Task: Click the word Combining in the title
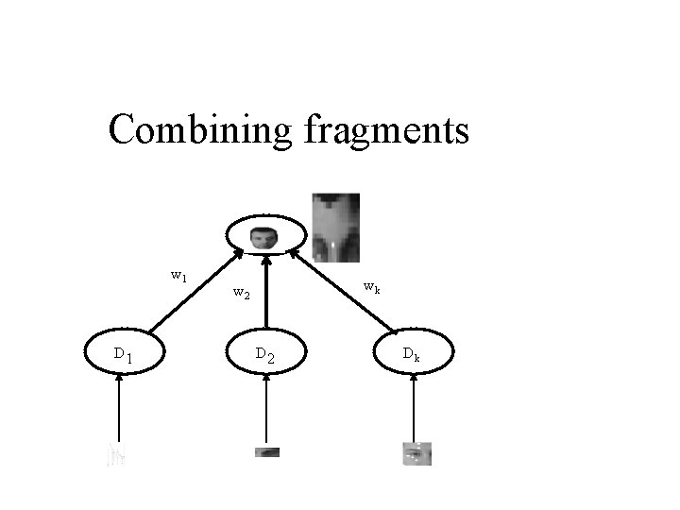pyautogui.click(x=200, y=130)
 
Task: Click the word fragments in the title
pyautogui.click(x=386, y=130)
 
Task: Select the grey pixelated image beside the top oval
pyautogui.click(x=336, y=227)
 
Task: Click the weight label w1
pyautogui.click(x=178, y=276)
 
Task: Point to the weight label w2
pyautogui.click(x=241, y=293)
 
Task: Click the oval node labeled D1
pyautogui.click(x=123, y=353)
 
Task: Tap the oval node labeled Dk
pyautogui.click(x=412, y=354)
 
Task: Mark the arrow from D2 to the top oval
pyautogui.click(x=266, y=293)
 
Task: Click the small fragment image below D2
pyautogui.click(x=267, y=451)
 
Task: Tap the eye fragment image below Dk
pyautogui.click(x=416, y=453)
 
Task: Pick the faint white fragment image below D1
pyautogui.click(x=116, y=455)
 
